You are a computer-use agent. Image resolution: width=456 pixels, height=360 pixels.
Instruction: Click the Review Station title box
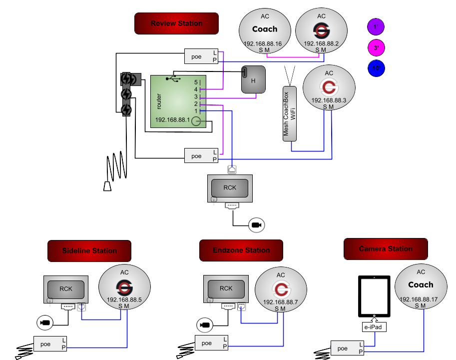click(x=176, y=23)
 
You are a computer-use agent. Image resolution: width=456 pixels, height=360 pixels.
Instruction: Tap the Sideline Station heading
click(x=89, y=250)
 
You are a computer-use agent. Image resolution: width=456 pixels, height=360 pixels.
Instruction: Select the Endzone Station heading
click(x=241, y=250)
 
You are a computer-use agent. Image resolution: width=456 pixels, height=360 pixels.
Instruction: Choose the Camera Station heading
click(x=386, y=248)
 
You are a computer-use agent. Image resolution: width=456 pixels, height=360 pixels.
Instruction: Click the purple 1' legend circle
click(x=376, y=27)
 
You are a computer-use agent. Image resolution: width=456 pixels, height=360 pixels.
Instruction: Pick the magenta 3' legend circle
click(x=376, y=48)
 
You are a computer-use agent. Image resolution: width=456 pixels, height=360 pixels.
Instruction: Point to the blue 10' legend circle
click(x=376, y=68)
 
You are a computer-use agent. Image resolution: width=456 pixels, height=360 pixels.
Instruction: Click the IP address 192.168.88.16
click(x=263, y=44)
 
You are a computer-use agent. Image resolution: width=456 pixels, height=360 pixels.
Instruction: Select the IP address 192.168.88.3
click(x=329, y=100)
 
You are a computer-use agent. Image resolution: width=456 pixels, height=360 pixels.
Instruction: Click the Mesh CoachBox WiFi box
click(x=290, y=113)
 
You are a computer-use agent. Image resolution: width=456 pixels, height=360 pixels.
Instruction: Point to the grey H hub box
click(x=253, y=79)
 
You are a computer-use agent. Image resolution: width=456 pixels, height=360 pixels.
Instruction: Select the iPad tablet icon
click(x=375, y=295)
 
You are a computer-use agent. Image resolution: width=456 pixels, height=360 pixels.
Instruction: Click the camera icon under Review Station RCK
click(x=257, y=225)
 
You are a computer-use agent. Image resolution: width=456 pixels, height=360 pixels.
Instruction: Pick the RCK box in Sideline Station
click(x=66, y=288)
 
